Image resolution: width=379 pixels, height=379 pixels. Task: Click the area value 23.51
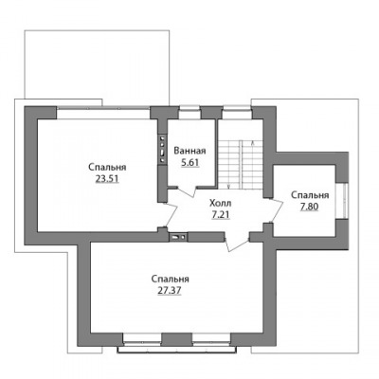click(107, 179)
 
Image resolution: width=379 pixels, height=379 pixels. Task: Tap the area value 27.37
click(170, 291)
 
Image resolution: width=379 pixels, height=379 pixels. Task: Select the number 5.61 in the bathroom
click(189, 163)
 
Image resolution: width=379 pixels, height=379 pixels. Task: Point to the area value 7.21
click(221, 215)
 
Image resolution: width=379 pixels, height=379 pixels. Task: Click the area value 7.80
click(310, 207)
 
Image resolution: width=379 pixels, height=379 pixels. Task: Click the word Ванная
click(189, 151)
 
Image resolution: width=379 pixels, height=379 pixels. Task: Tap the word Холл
click(221, 203)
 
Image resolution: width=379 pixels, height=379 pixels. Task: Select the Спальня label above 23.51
click(107, 168)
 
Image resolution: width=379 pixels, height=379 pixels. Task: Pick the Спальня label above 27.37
click(170, 280)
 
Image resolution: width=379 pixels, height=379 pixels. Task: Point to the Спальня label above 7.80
click(310, 195)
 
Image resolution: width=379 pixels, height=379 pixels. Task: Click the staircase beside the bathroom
click(241, 164)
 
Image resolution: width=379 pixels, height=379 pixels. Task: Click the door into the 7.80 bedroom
click(276, 210)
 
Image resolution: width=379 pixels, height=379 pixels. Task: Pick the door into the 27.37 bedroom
click(237, 243)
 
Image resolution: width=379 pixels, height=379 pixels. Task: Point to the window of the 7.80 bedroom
click(344, 201)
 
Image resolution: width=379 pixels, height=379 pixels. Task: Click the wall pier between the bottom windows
click(177, 339)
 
